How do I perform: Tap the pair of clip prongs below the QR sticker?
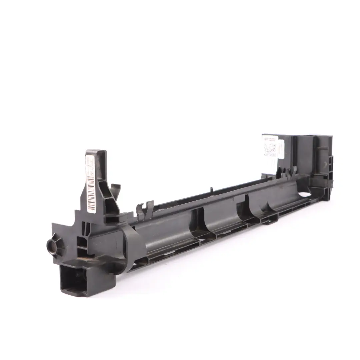tap(287, 172)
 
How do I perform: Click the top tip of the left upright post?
tap(96, 152)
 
